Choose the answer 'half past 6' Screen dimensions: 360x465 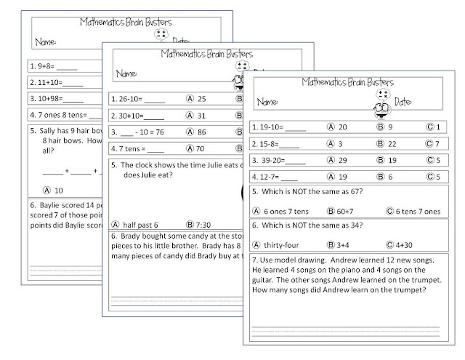pyautogui.click(x=140, y=224)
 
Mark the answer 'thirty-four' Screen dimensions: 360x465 pyautogui.click(x=285, y=244)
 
